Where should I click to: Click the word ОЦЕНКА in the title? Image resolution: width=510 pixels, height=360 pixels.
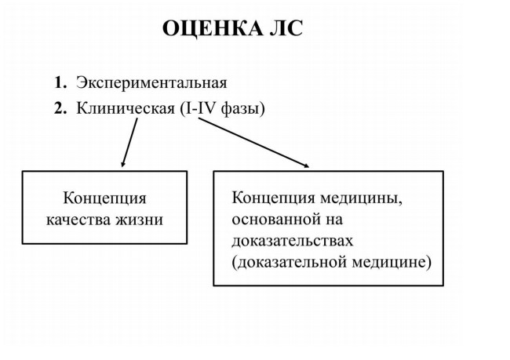click(x=213, y=28)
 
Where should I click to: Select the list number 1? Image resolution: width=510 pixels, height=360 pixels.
click(x=60, y=82)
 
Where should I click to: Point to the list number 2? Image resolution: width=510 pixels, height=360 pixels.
click(x=60, y=108)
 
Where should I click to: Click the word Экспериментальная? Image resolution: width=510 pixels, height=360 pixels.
click(x=151, y=83)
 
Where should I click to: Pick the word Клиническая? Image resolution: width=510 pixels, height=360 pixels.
click(x=126, y=108)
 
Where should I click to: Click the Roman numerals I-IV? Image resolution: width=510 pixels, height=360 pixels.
click(x=201, y=108)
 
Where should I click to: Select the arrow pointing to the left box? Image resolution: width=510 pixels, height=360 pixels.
click(x=129, y=143)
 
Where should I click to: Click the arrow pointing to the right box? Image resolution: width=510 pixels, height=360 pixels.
click(x=253, y=143)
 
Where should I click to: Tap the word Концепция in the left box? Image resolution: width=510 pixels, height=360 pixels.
click(x=104, y=198)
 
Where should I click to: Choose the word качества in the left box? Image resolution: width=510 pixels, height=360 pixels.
click(x=78, y=220)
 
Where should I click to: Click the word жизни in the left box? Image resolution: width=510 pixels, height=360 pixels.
click(x=139, y=220)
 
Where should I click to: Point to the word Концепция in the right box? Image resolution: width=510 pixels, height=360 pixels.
click(x=273, y=198)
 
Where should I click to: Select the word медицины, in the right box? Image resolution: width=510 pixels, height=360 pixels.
click(x=362, y=198)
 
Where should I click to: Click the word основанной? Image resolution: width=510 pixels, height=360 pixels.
click(x=275, y=220)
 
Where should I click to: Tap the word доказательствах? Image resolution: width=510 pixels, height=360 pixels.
click(x=292, y=242)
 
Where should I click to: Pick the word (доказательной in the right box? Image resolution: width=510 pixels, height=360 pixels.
click(x=290, y=263)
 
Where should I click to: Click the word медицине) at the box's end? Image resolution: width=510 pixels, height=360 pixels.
click(x=392, y=263)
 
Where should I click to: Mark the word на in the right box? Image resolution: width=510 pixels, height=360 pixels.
click(x=333, y=220)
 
